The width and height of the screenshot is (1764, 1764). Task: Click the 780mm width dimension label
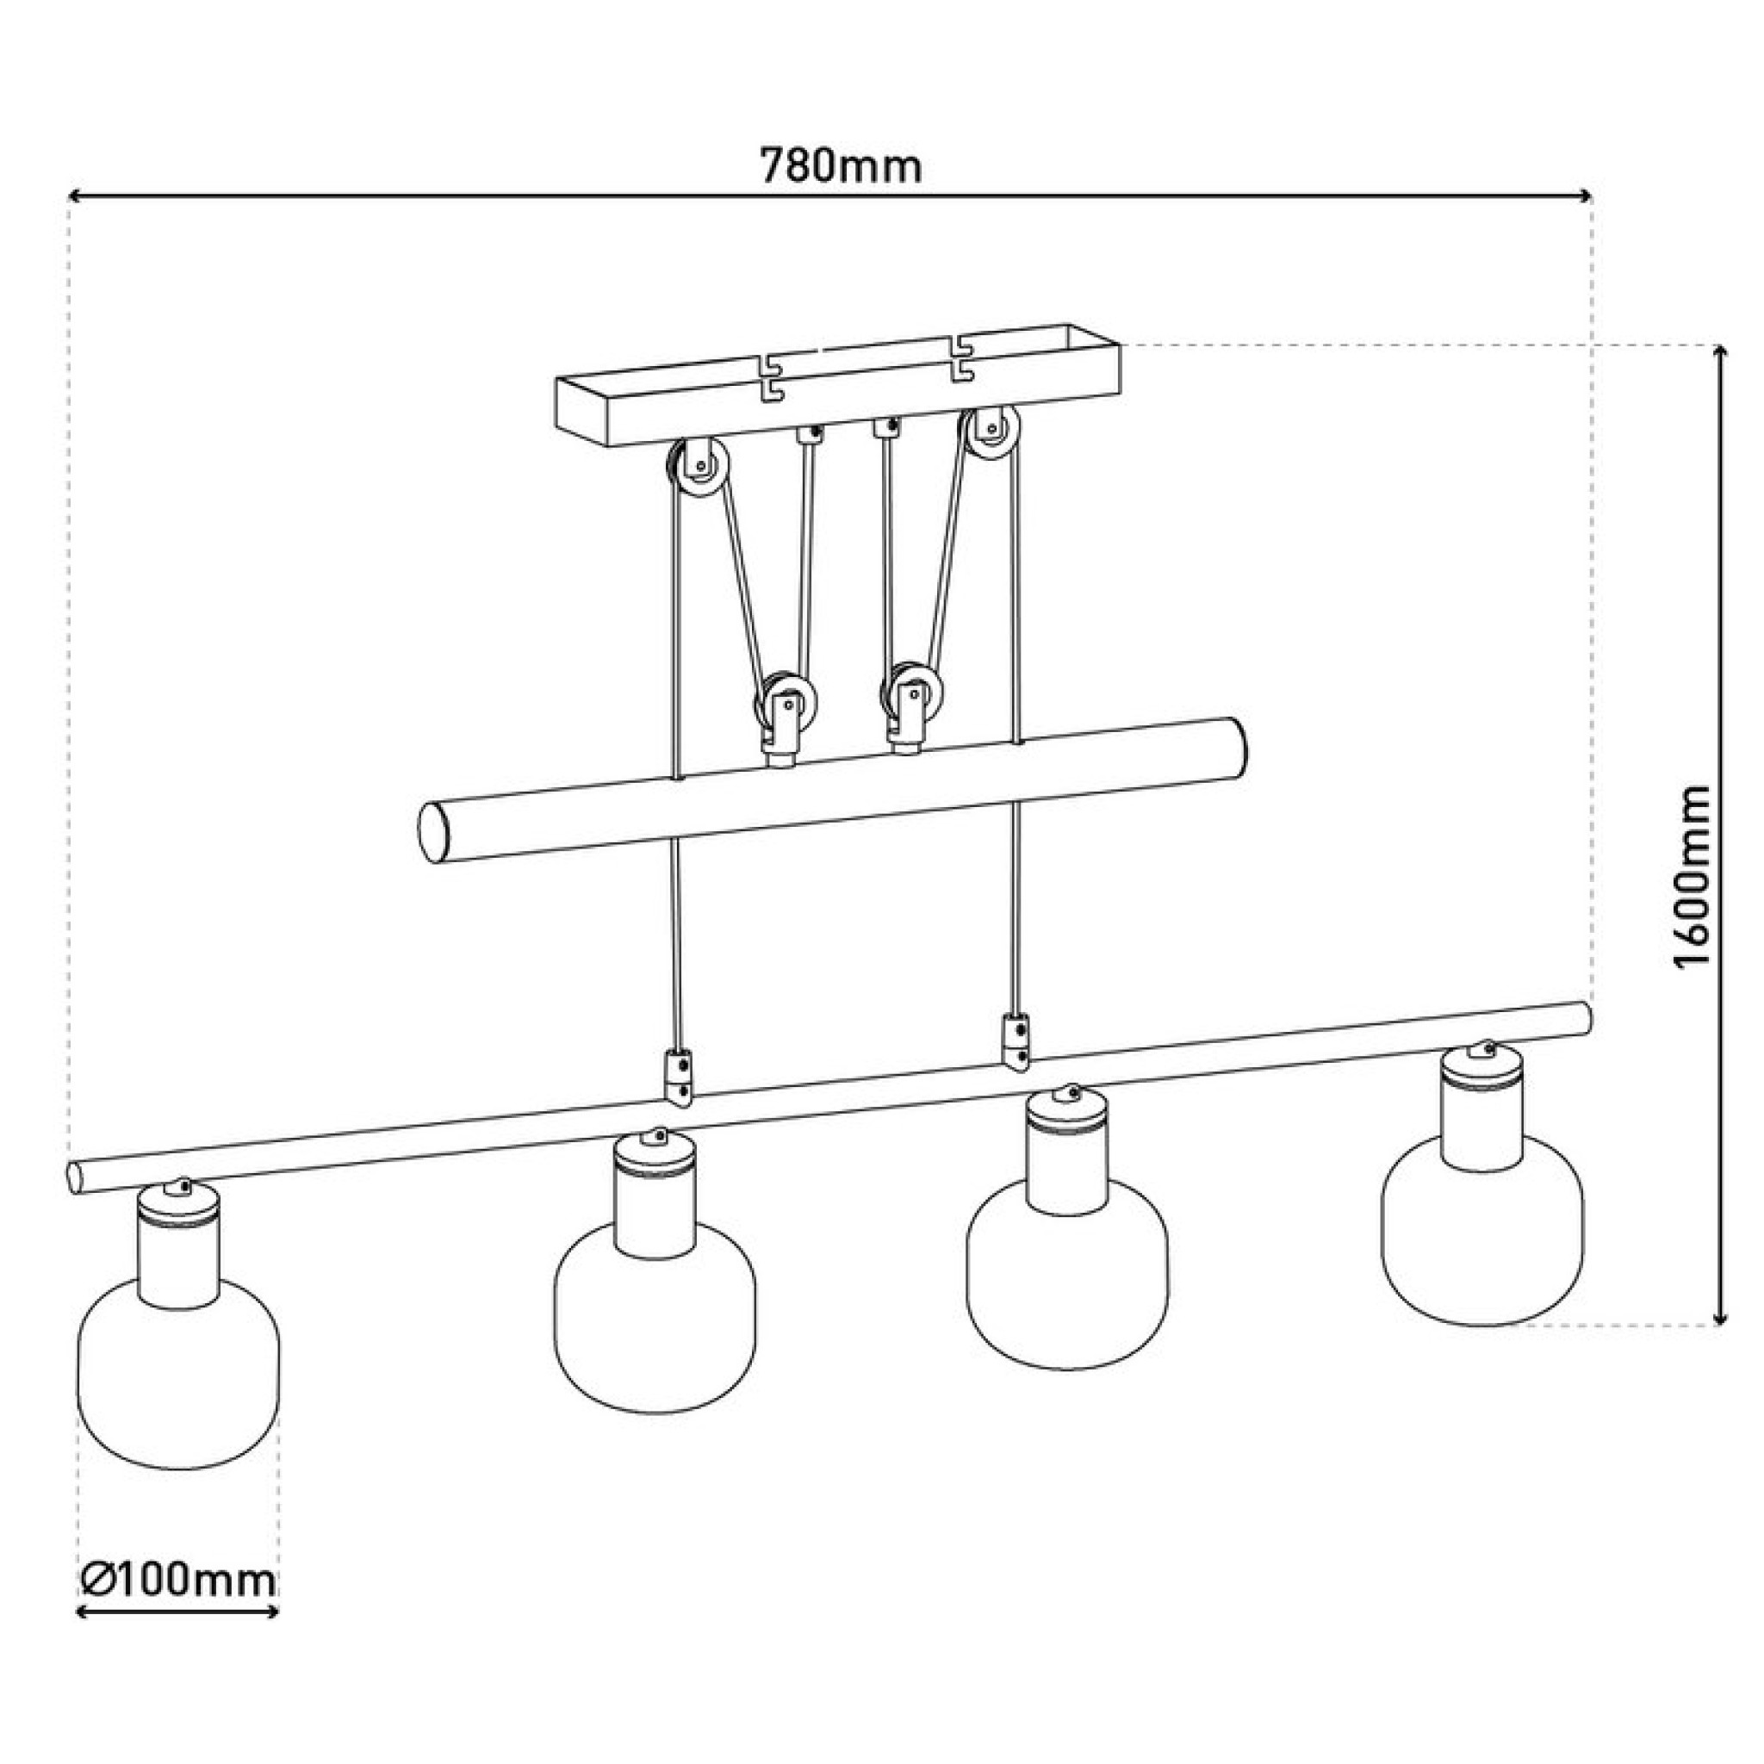click(x=841, y=166)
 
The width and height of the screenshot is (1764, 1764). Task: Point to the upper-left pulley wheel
click(x=699, y=468)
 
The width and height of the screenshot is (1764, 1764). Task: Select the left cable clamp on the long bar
click(x=679, y=1078)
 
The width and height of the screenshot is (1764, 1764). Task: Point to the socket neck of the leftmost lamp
click(x=179, y=1245)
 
